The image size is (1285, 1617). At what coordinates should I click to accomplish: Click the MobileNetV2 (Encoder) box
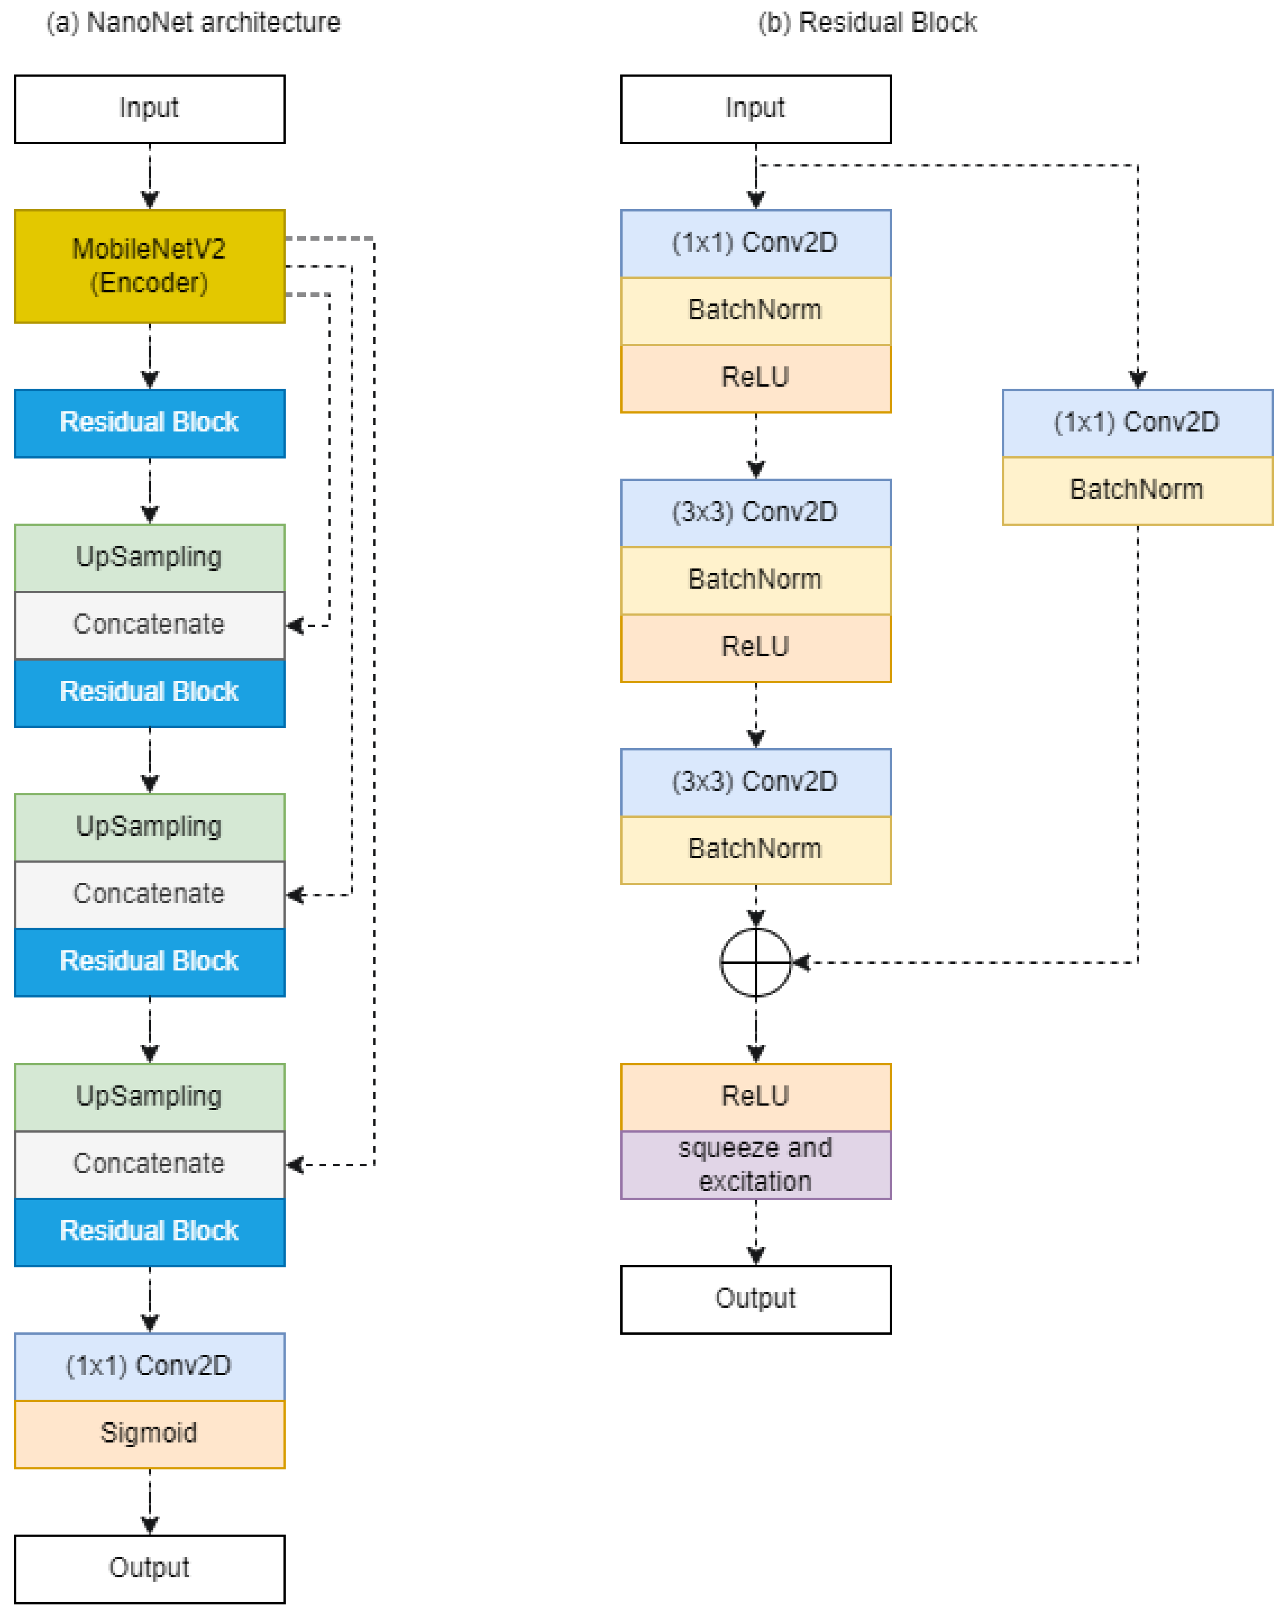coord(149,266)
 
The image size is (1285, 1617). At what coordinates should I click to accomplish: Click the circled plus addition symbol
coord(755,962)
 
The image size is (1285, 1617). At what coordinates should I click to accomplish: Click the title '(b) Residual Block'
coord(867,22)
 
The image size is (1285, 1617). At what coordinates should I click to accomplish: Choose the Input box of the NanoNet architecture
coord(149,109)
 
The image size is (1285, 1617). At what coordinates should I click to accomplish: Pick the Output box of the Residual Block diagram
coord(755,1299)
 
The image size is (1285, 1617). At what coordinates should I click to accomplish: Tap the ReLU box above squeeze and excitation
coord(755,1096)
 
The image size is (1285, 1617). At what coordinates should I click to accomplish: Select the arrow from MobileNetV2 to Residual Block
coord(149,356)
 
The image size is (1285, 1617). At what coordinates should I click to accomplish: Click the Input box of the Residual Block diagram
coord(755,109)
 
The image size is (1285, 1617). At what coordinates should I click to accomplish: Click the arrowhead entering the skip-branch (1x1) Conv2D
coord(1137,380)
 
